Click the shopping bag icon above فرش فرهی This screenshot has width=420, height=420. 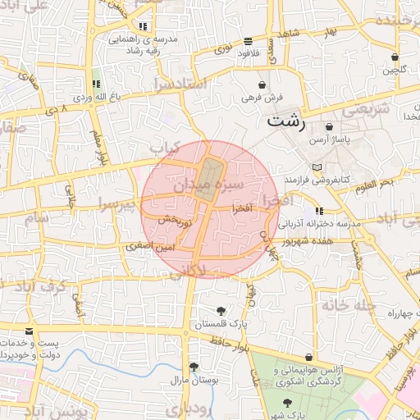(x=262, y=84)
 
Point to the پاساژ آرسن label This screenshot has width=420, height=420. (x=331, y=140)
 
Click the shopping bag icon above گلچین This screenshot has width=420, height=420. (x=395, y=57)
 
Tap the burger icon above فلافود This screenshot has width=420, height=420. (x=247, y=41)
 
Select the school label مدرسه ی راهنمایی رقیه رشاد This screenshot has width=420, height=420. (x=135, y=44)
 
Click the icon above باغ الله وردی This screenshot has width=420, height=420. (x=97, y=84)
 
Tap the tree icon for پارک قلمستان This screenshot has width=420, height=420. (x=221, y=310)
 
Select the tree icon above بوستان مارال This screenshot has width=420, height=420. (x=193, y=367)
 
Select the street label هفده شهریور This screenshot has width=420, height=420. (x=304, y=242)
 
